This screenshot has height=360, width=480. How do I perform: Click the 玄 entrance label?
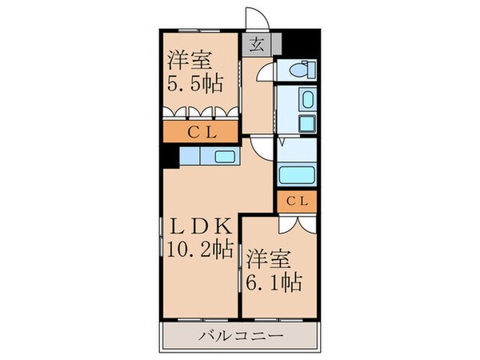(x=257, y=45)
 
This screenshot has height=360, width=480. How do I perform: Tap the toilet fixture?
(x=302, y=70)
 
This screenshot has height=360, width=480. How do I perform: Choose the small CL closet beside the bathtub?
(x=297, y=201)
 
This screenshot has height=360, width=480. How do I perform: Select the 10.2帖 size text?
(x=200, y=248)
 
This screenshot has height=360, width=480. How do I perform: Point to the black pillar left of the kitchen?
(x=170, y=156)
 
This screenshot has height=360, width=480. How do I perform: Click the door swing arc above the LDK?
(x=260, y=146)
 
